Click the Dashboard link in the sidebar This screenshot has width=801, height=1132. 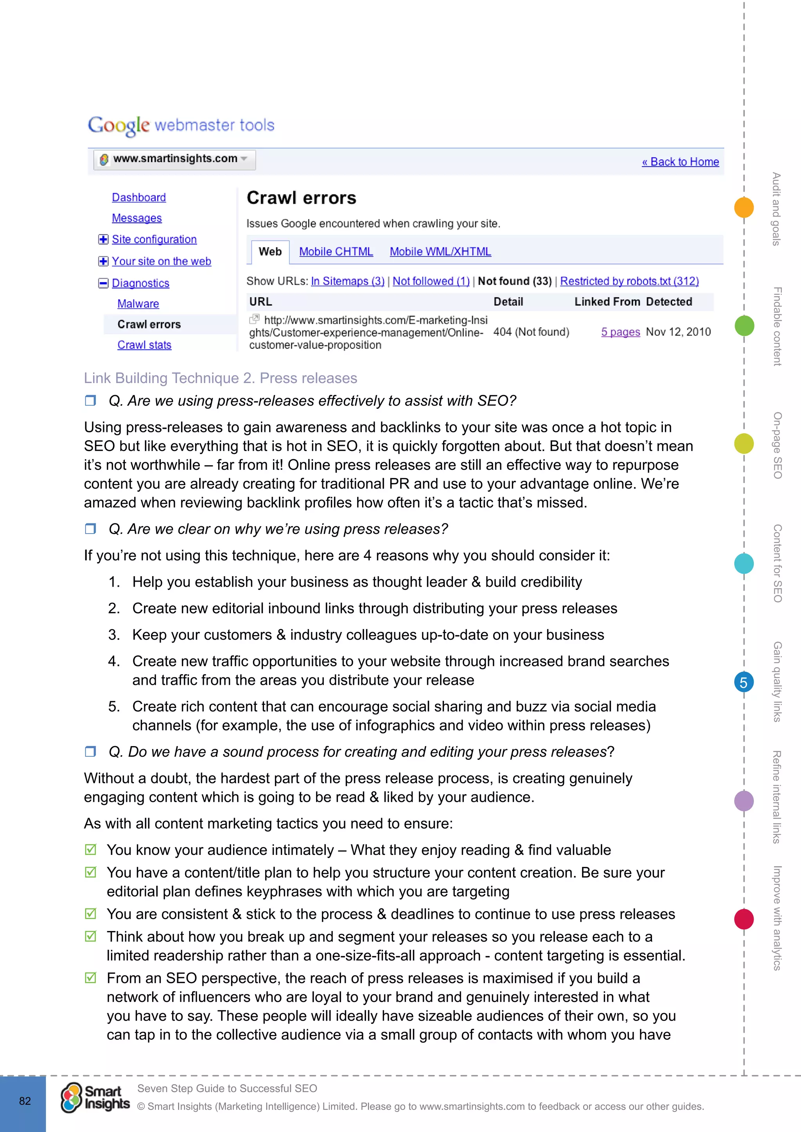tap(138, 197)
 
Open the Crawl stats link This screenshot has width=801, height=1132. tap(144, 345)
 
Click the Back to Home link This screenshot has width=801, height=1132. tap(680, 162)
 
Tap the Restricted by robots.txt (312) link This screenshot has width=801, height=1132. tap(629, 281)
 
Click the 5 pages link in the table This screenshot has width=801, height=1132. tap(620, 332)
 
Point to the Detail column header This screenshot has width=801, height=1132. tap(508, 302)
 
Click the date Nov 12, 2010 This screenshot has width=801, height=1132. tap(678, 332)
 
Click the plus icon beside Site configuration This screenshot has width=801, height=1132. tap(103, 239)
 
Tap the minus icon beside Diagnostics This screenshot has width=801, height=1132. tap(103, 283)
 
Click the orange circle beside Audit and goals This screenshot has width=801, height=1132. tap(743, 207)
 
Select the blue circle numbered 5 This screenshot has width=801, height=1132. tap(743, 682)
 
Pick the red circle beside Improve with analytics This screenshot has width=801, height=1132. tap(743, 919)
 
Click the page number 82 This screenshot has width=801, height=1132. tap(25, 1101)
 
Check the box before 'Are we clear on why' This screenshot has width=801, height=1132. tap(90, 528)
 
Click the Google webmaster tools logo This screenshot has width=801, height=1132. tap(181, 125)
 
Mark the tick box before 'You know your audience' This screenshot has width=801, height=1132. tap(90, 849)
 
